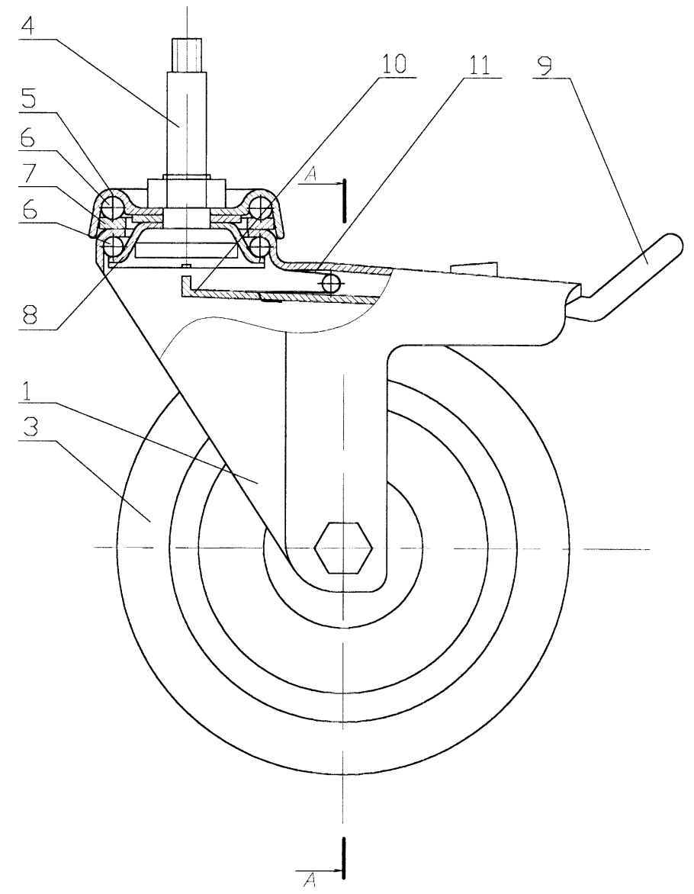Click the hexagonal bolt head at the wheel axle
click(x=343, y=548)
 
